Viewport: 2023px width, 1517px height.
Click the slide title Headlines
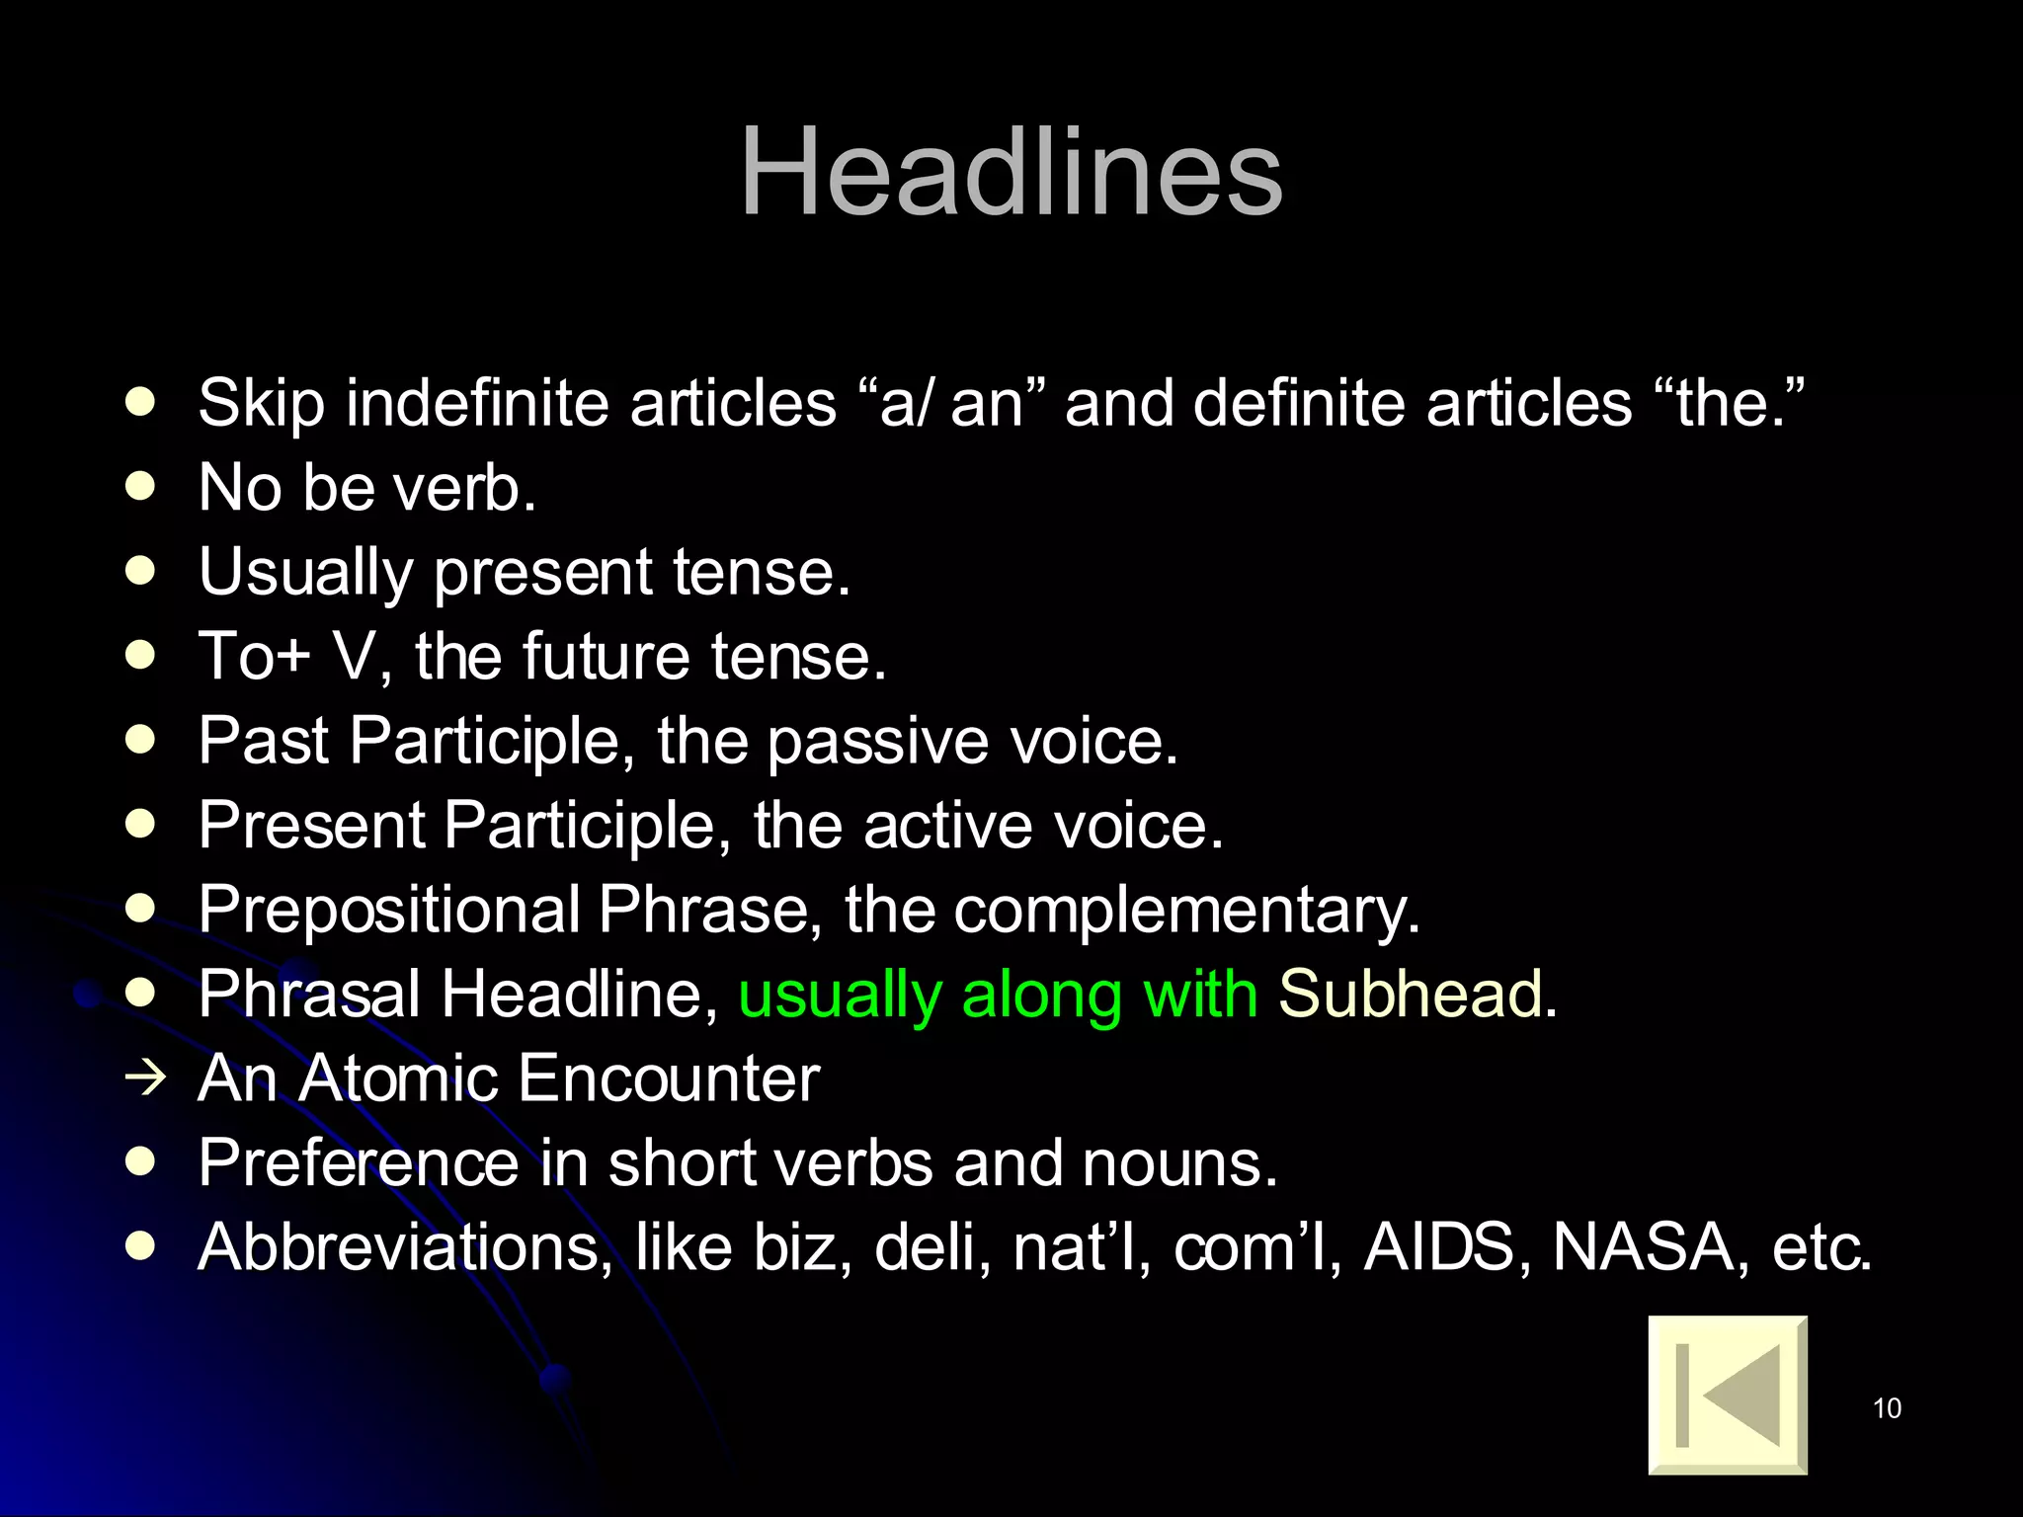[1011, 172]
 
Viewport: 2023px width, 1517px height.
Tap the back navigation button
[1728, 1395]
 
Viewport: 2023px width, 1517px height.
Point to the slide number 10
[1887, 1408]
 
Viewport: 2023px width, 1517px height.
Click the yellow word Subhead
[1410, 994]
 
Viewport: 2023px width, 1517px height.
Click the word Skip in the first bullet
[261, 403]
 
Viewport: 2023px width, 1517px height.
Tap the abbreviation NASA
[1643, 1246]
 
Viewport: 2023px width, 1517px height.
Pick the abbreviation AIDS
[1439, 1246]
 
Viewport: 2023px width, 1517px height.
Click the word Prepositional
[389, 910]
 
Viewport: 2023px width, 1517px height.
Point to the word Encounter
[669, 1078]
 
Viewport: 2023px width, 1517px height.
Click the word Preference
[358, 1162]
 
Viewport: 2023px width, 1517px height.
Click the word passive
[877, 741]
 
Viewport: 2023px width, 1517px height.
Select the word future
[605, 657]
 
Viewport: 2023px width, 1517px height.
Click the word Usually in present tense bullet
[305, 573]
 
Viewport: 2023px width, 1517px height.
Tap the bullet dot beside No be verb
[141, 486]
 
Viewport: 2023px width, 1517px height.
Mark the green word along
[1041, 994]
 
